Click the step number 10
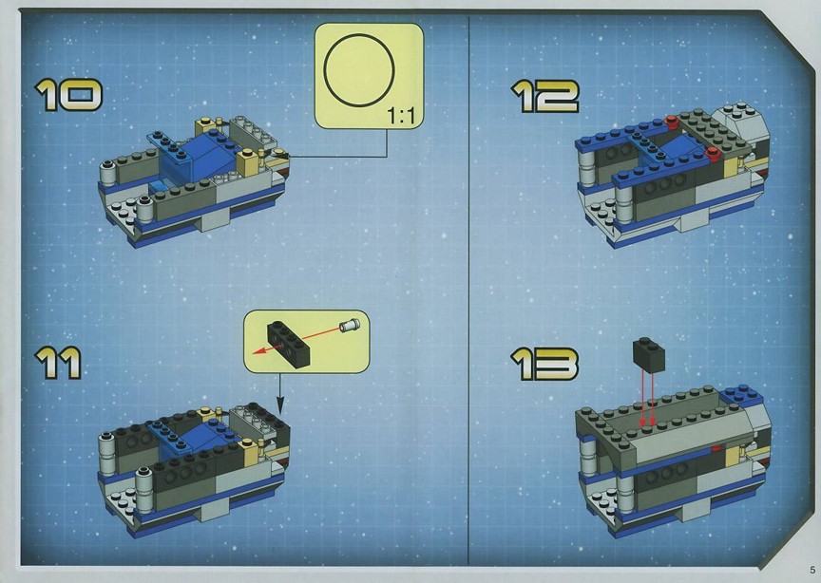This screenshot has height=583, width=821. click(68, 95)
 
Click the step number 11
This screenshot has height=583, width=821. click(58, 364)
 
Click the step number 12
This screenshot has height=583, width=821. click(545, 96)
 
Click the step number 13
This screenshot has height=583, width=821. click(544, 364)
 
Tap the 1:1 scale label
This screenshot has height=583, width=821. click(402, 116)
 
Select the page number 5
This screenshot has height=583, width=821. click(812, 570)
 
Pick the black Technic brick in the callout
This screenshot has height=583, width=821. click(289, 339)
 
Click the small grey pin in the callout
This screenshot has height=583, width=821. click(350, 325)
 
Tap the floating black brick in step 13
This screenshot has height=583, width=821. click(649, 354)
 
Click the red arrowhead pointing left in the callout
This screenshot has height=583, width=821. click(260, 351)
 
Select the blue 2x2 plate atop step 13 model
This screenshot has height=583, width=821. click(741, 394)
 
